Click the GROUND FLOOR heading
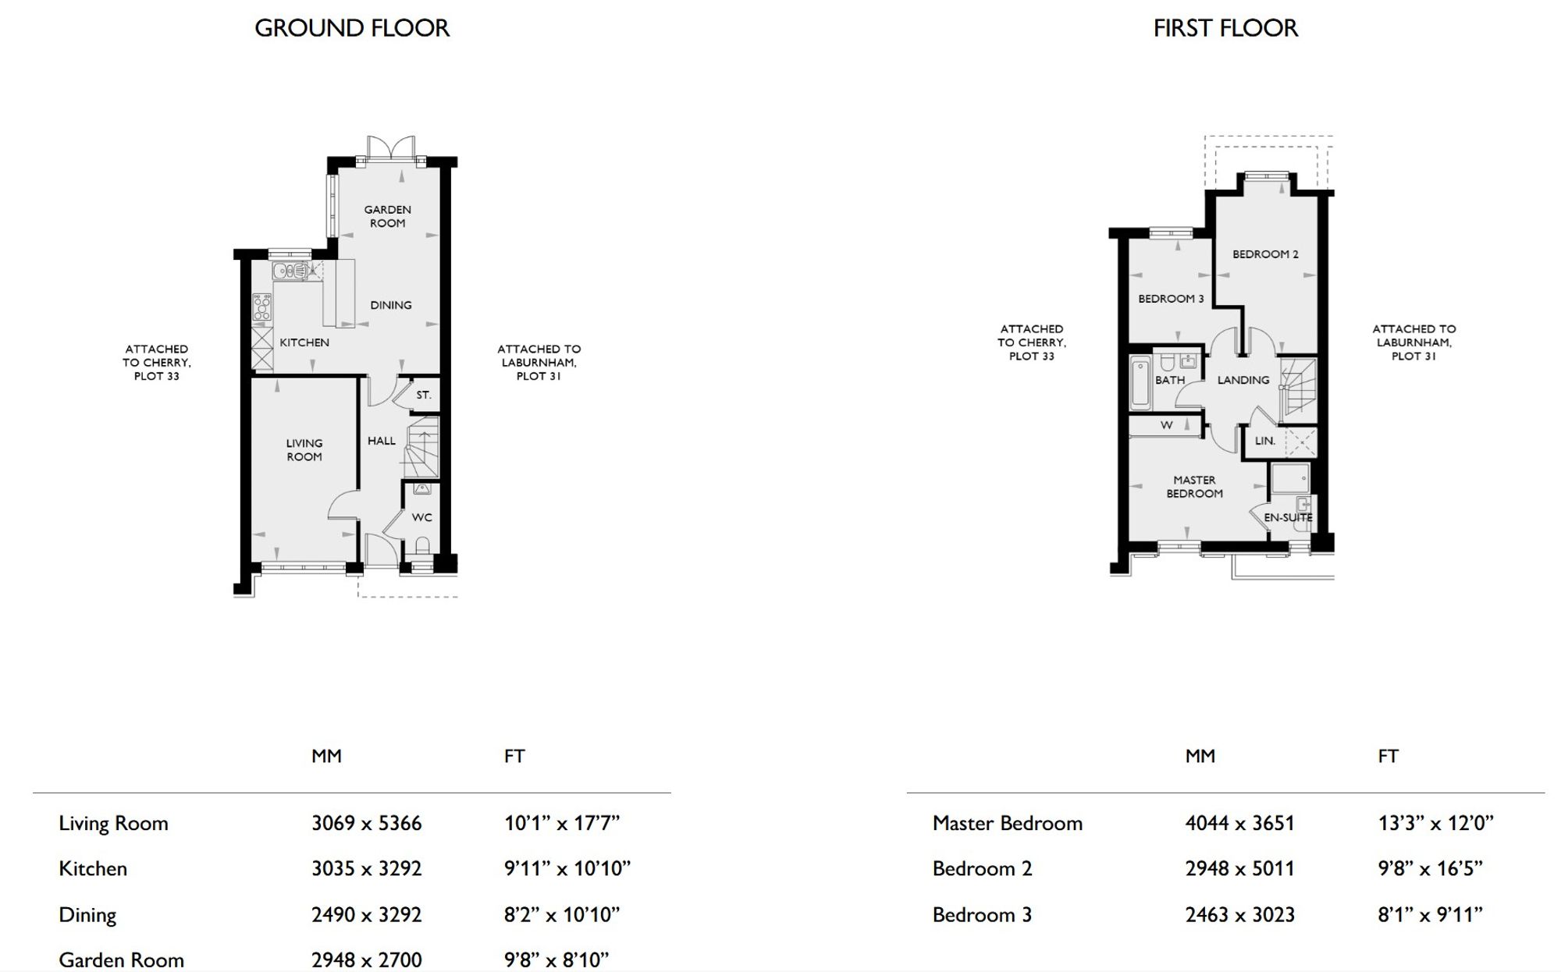coord(352,28)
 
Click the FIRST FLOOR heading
coord(1225,28)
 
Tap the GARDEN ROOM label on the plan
coord(387,216)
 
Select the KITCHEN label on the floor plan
coord(304,342)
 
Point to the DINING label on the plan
coord(391,305)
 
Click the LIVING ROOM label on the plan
coord(304,450)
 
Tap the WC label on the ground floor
coord(421,517)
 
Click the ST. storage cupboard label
coord(423,395)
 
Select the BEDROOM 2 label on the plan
coord(1265,254)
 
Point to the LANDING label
coord(1243,380)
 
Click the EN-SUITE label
coord(1288,517)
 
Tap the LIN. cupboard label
coord(1265,441)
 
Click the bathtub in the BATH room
coord(1140,382)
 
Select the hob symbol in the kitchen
coord(261,307)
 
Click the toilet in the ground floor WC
coord(423,545)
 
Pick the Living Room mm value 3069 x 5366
coord(366,823)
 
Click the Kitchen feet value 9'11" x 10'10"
coord(567,868)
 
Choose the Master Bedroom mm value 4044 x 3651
coord(1239,823)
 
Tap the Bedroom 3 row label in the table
coord(982,914)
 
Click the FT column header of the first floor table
coord(1388,756)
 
